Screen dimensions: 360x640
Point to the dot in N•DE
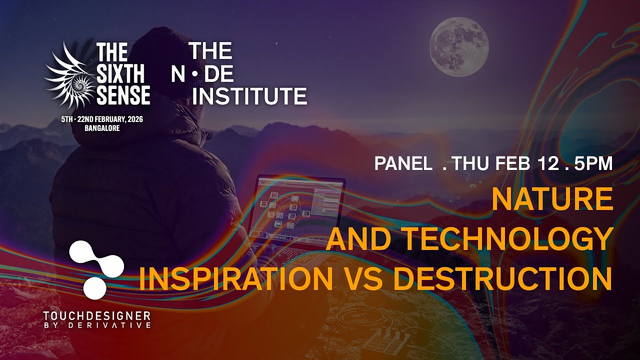pos(195,73)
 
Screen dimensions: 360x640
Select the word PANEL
pos(403,164)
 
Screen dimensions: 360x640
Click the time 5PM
pos(593,164)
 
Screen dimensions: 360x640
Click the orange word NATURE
pos(552,199)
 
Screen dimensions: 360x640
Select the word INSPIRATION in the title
pos(235,279)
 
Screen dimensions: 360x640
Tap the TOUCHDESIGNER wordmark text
pos(96,316)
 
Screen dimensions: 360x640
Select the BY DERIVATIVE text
pos(96,325)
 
